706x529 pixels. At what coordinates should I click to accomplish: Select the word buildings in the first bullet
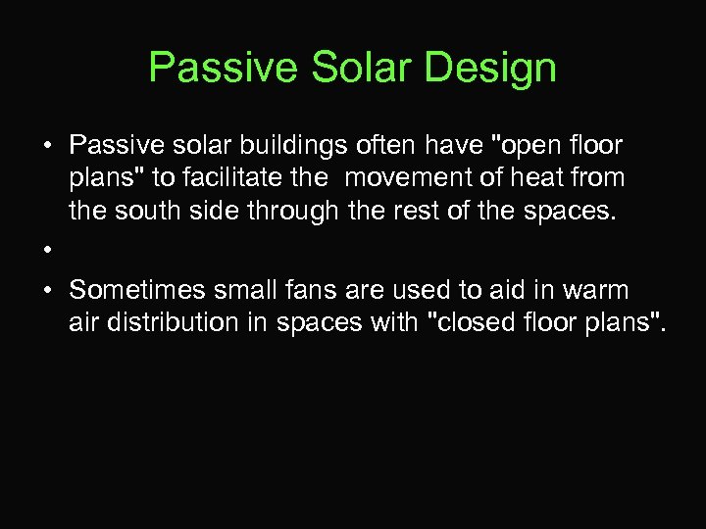[x=291, y=146]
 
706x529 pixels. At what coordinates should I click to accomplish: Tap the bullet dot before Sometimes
[x=47, y=290]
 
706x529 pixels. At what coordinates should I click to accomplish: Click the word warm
[x=591, y=290]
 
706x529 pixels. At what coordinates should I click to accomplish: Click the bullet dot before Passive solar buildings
[x=47, y=146]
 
